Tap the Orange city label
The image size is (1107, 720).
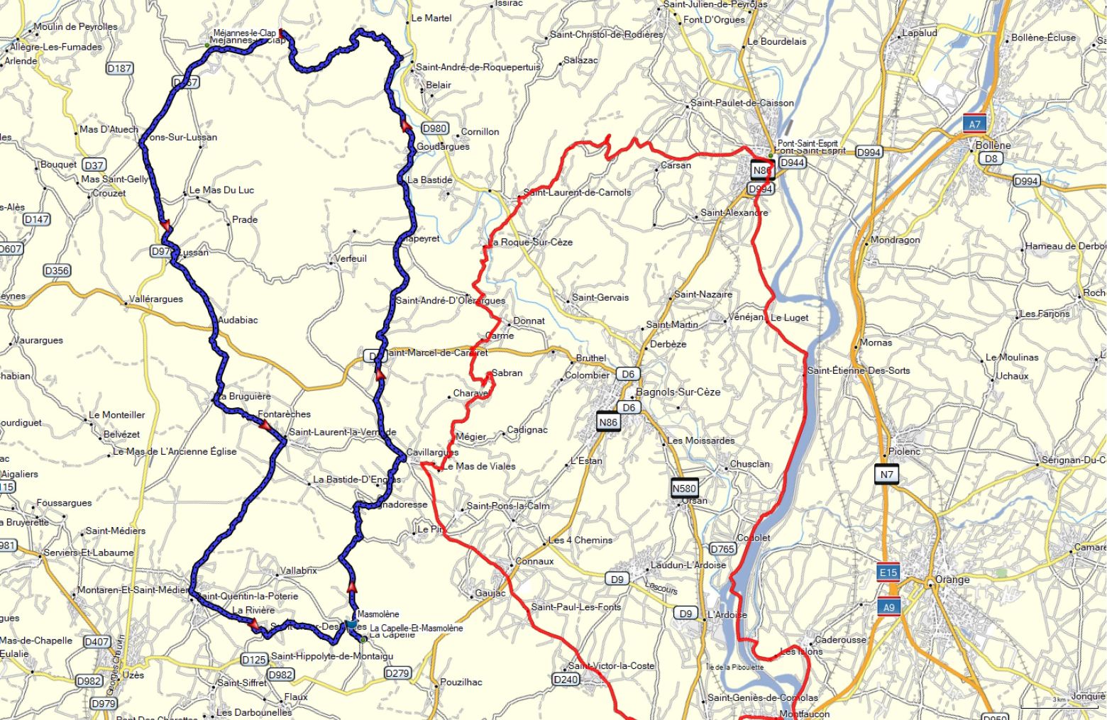pyautogui.click(x=952, y=580)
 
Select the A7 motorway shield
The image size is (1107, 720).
pyautogui.click(x=975, y=124)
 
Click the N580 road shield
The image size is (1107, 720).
pyautogui.click(x=684, y=488)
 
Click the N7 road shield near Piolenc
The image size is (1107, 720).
pyautogui.click(x=886, y=475)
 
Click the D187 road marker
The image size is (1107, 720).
pyautogui.click(x=119, y=68)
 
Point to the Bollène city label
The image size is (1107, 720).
pyautogui.click(x=993, y=145)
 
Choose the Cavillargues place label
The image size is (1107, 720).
pyautogui.click(x=433, y=452)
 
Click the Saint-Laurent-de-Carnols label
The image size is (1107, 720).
pyautogui.click(x=577, y=192)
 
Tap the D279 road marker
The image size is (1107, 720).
pyautogui.click(x=400, y=673)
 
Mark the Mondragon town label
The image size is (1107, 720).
pyautogui.click(x=895, y=240)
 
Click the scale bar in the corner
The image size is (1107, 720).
pyautogui.click(x=1059, y=707)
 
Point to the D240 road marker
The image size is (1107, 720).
pyautogui.click(x=565, y=680)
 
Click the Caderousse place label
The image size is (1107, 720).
pyautogui.click(x=841, y=639)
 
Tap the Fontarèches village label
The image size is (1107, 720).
pyautogui.click(x=284, y=414)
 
